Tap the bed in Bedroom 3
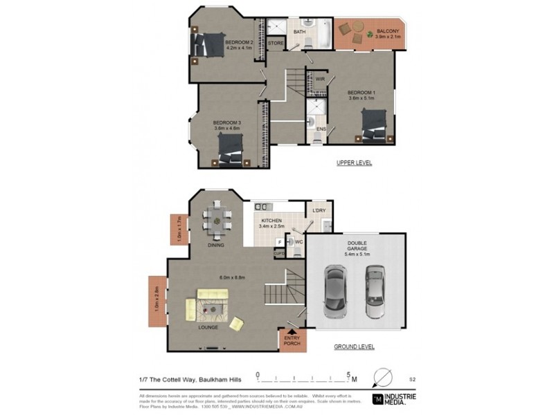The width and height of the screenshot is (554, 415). pos(231,148)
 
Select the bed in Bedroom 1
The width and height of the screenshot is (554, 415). pos(375,124)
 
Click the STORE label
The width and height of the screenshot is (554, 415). pos(276,44)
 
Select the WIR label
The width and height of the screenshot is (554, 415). pos(320,80)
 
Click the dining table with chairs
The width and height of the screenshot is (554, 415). pos(217,221)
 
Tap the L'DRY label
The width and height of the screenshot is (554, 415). pos(319,210)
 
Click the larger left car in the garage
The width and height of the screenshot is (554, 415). pos(338,290)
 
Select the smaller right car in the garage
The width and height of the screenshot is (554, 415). pos(375,294)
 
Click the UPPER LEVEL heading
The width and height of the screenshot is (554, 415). pos(355,163)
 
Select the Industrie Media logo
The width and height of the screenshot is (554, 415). pos(395,398)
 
